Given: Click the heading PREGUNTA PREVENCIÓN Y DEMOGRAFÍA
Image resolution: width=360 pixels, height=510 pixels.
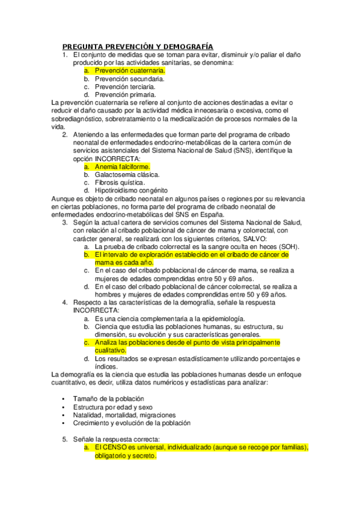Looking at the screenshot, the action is click(x=138, y=46).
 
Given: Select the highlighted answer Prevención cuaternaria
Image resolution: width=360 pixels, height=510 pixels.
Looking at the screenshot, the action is click(x=126, y=70).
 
